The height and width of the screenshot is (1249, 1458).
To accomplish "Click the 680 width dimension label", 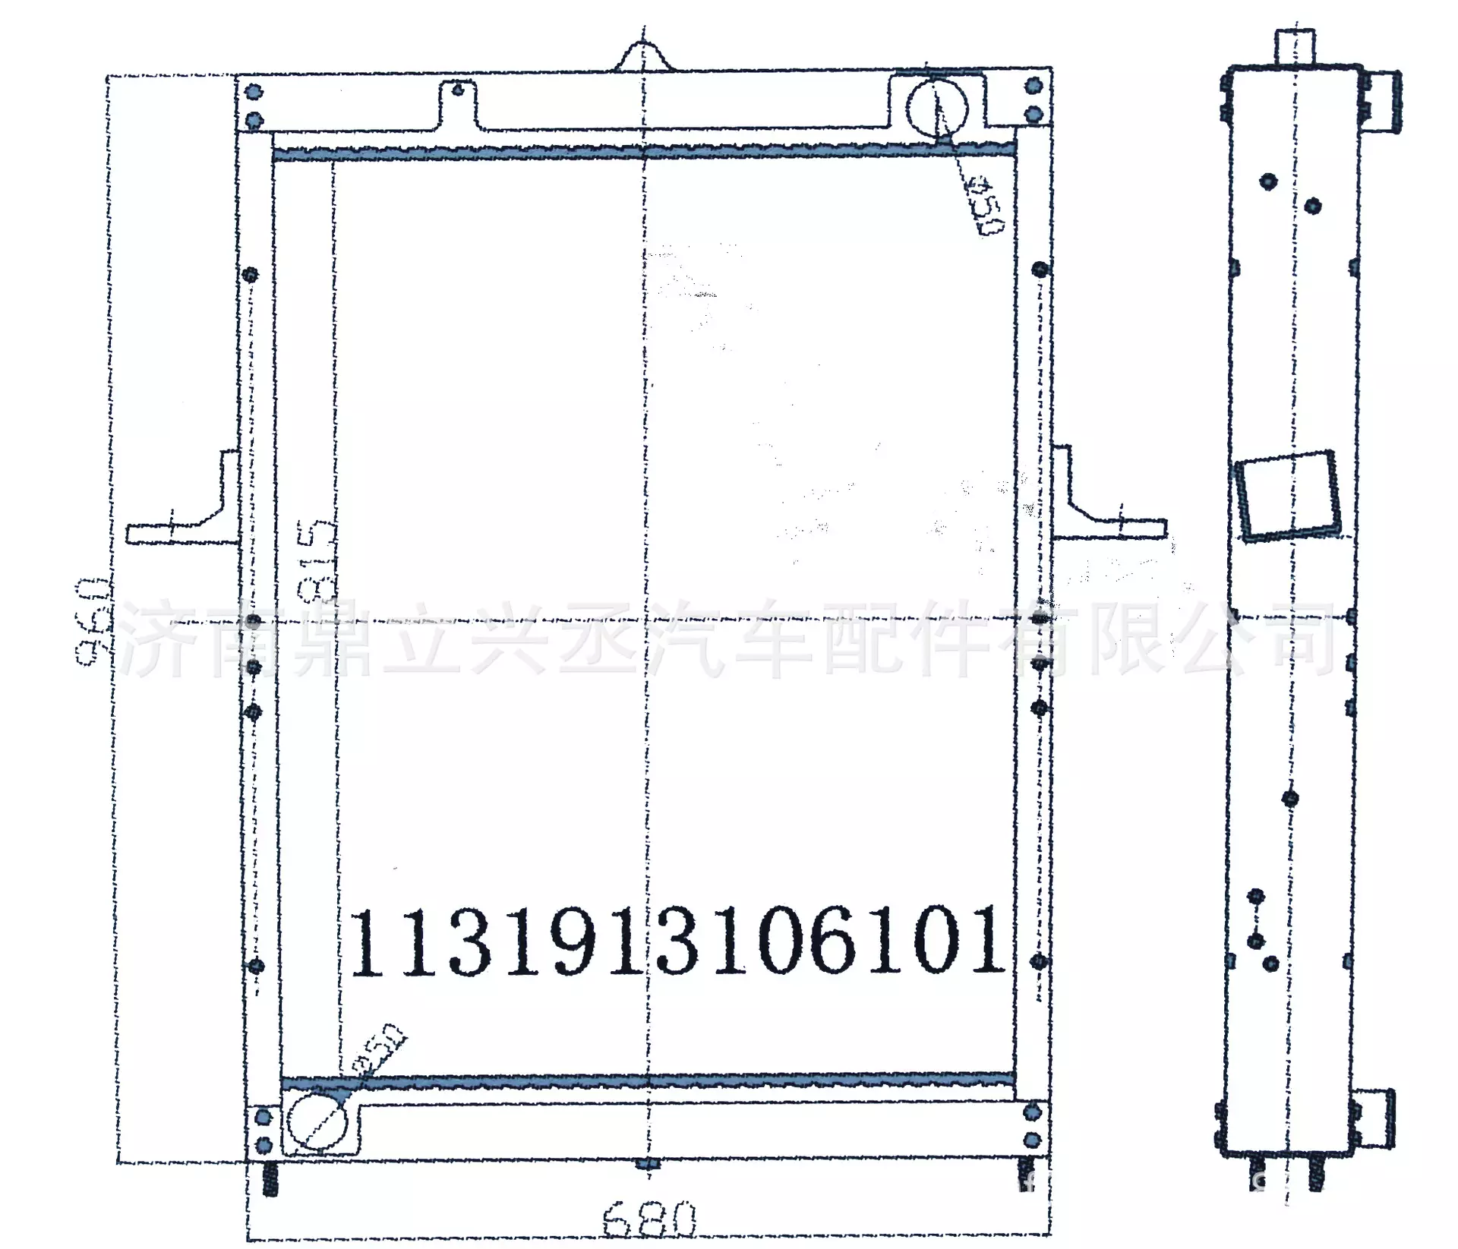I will coord(649,1219).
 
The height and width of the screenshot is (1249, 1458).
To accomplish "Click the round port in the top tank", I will coord(937,108).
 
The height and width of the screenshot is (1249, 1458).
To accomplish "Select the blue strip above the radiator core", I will coord(644,152).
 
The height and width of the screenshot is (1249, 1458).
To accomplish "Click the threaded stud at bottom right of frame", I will coord(1025,1176).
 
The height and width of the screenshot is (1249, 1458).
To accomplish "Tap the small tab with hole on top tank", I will coord(458,105).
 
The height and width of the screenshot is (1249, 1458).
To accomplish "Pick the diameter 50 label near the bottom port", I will coord(380,1049).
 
